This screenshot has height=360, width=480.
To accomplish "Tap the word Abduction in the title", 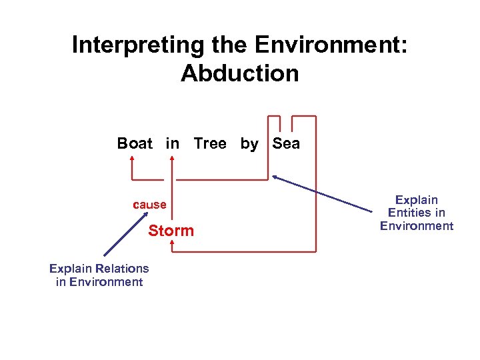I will [239, 73].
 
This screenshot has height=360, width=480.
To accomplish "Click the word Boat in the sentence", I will [135, 143].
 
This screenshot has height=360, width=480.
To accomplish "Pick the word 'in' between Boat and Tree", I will [173, 143].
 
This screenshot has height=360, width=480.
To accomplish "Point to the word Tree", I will [210, 143].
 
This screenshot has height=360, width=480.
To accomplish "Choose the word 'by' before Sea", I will [249, 143].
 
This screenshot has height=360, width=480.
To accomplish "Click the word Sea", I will [286, 143].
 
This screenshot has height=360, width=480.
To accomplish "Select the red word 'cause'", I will [149, 205].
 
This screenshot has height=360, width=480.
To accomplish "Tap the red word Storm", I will [171, 231].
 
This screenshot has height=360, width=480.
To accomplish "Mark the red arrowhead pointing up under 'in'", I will [173, 160].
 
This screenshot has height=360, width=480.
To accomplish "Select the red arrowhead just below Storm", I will [172, 244].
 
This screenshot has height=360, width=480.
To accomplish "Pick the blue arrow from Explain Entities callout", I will [323, 195].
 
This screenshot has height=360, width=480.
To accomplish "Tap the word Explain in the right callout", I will [416, 200].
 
